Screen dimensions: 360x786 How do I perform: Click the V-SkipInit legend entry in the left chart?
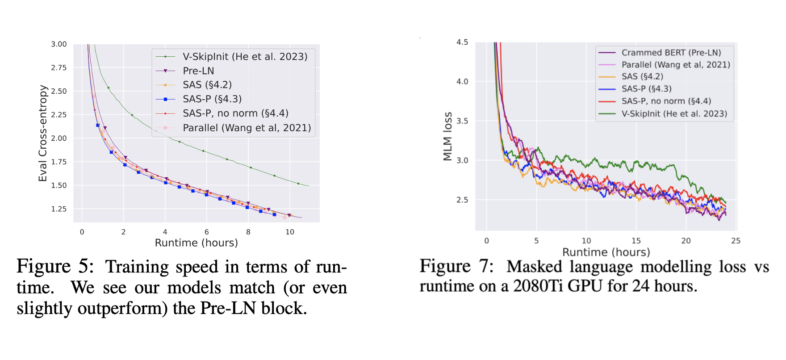coord(245,57)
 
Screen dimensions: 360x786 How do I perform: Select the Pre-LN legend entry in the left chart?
coord(198,71)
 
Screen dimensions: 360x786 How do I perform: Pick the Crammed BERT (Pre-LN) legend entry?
coord(671,53)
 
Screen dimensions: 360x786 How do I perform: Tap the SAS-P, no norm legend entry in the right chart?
coord(666,101)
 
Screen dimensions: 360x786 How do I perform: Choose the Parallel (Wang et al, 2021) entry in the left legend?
coord(247,128)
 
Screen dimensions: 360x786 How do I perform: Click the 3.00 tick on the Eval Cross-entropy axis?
coord(59,44)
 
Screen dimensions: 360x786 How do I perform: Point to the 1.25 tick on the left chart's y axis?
coord(59,209)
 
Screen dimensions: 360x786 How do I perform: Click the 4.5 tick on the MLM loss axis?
coord(462,42)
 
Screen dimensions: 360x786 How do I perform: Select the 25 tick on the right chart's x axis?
coord(736,241)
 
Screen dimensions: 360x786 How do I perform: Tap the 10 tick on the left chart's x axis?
coord(289,232)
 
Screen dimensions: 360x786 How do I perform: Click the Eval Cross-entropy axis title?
coord(43,133)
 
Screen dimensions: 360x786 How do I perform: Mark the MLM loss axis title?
coord(447,136)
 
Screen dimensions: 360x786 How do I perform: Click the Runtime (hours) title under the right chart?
coord(606,252)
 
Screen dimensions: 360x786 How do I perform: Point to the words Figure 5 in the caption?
coord(55,267)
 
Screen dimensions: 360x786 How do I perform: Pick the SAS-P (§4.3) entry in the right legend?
coord(646,89)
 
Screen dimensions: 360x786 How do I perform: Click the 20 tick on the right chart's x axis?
coord(686,241)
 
